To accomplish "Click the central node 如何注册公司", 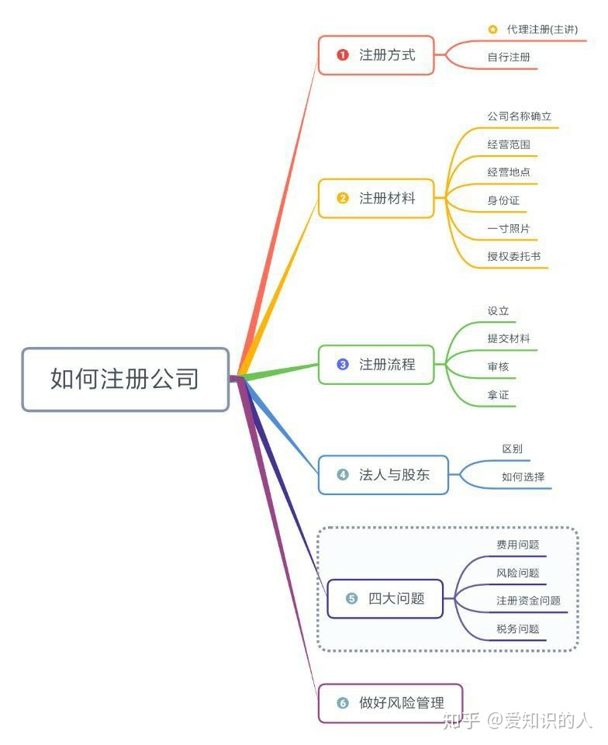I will pos(125,379).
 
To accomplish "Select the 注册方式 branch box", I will pos(376,55).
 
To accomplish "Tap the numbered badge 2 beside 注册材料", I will pos(343,198).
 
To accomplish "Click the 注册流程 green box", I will pos(376,364).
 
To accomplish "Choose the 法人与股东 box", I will pos(383,475).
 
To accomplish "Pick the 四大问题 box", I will pos(385,598).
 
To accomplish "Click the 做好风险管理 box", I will pos(390,703).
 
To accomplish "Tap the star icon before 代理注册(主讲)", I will pos(492,29).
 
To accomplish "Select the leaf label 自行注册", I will pos(509,57).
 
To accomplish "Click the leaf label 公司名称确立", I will pos(519,116).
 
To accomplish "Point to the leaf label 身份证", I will pos(503,200).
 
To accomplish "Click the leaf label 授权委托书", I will pos(514,256).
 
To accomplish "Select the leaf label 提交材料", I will pos(509,338).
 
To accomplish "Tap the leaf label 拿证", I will pos(498,395).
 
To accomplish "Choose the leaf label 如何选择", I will pos(523,477).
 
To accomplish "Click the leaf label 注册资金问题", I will pos(528,601).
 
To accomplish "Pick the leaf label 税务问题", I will pos(518,629).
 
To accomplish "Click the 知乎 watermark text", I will pos(462,721).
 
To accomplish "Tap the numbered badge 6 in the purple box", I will pos(343,703).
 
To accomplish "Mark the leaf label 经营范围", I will pos(509,144).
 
